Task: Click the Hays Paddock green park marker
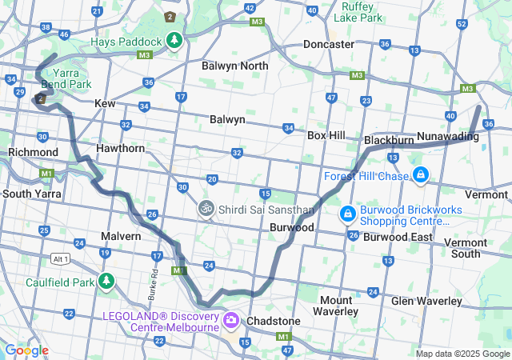[174, 40]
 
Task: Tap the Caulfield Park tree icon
[106, 281]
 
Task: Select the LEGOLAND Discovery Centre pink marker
[232, 320]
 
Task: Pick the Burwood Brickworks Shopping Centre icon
[348, 214]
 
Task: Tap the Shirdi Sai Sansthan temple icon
[206, 209]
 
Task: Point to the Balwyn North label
[234, 66]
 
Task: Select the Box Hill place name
[326, 135]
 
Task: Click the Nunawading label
[447, 137]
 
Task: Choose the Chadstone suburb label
[274, 321]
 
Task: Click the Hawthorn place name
[120, 148]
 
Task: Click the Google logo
[26, 350]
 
